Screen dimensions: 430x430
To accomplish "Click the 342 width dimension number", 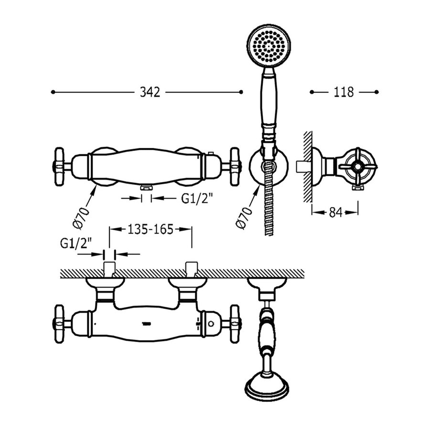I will (x=150, y=92).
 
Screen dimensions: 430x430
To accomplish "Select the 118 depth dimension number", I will (x=344, y=92).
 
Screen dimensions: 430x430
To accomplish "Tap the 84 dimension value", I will (x=335, y=214).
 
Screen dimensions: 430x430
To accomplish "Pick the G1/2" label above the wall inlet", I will (x=77, y=243).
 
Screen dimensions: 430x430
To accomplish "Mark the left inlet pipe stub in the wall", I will (x=110, y=269).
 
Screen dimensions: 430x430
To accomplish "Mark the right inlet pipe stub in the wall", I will (x=192, y=269).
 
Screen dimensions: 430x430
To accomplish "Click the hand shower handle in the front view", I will (x=268, y=100).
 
